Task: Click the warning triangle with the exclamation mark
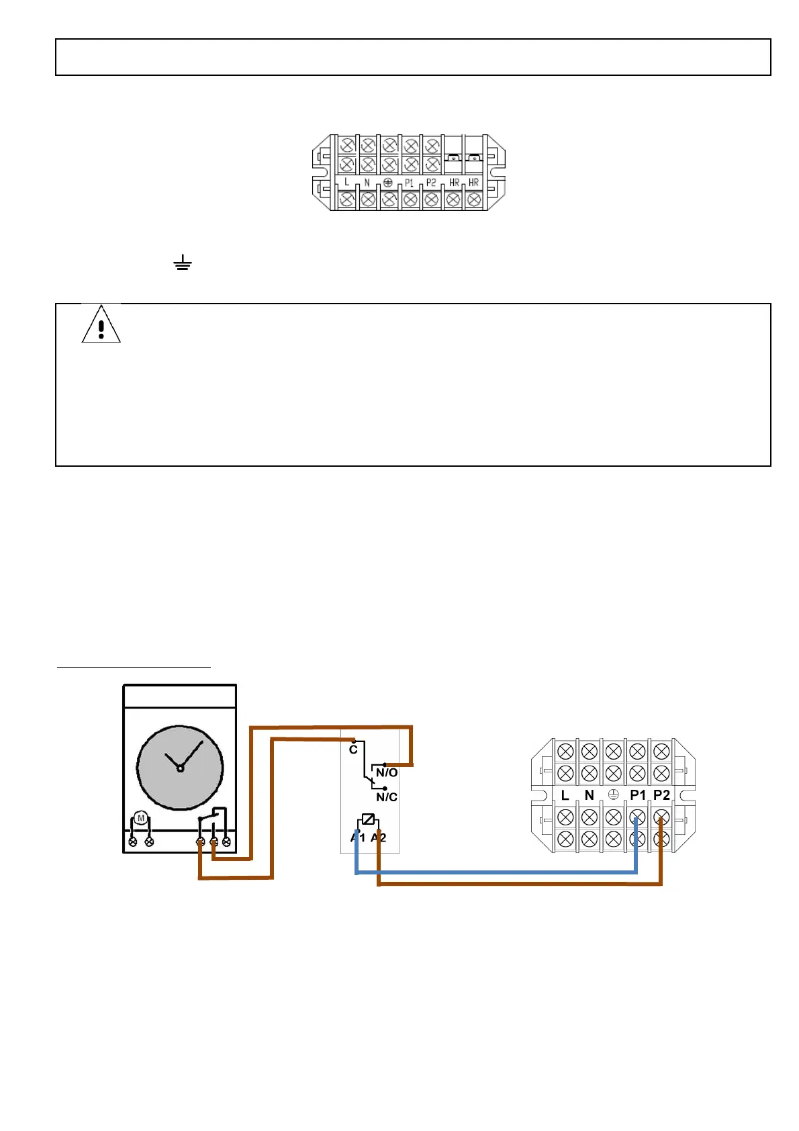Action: tap(101, 325)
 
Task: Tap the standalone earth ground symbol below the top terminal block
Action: tap(182, 263)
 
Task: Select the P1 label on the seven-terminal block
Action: tap(409, 183)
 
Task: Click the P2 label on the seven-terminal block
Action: tap(431, 183)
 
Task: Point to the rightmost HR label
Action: tap(474, 183)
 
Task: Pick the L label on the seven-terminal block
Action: tap(346, 182)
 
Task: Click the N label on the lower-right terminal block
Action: tap(589, 795)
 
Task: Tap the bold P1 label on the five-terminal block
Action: tap(637, 795)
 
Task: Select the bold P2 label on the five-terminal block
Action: tap(661, 795)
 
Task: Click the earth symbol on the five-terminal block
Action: tap(613, 795)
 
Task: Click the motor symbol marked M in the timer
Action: tap(140, 818)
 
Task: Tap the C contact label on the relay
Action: tap(353, 750)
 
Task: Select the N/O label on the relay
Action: tap(387, 773)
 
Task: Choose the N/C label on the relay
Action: tap(387, 797)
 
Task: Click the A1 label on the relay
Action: tap(358, 838)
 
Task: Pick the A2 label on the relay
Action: tap(379, 838)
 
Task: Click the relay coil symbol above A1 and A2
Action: tap(368, 819)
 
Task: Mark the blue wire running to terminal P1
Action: tap(497, 872)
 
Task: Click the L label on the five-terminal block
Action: tap(565, 795)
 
